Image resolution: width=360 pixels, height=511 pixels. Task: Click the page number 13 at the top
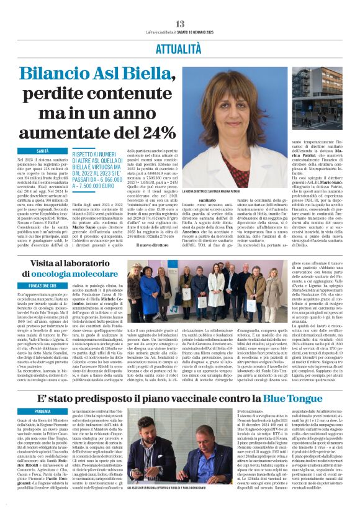tap(180, 24)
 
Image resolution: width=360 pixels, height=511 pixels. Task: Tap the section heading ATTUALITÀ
tap(180, 47)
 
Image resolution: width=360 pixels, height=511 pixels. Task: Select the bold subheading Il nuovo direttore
tap(153, 245)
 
